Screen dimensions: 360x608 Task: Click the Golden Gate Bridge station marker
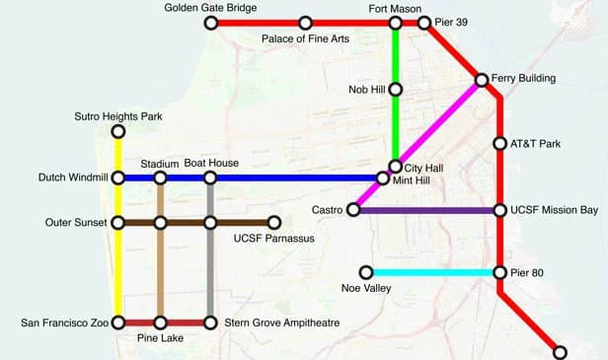point(213,22)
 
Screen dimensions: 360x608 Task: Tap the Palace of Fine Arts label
point(305,38)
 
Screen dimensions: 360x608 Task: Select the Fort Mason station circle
point(396,22)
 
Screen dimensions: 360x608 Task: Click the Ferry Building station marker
point(482,79)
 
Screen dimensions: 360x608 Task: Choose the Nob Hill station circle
point(396,89)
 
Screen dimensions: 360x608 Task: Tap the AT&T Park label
point(535,144)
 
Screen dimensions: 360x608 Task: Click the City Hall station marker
point(396,167)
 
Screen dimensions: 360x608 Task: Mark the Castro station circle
point(353,210)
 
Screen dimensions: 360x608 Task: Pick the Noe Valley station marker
point(366,272)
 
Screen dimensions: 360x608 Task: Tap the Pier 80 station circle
point(500,272)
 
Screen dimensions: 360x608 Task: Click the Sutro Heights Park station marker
point(118,131)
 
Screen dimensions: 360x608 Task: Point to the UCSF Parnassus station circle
point(274,223)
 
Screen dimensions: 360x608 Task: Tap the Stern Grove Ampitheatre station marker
point(210,323)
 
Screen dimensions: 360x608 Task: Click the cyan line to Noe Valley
point(433,272)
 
